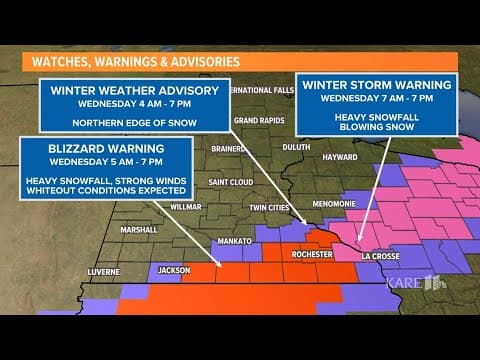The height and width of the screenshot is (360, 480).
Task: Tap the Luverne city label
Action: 103,271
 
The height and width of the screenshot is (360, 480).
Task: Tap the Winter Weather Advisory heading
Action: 134,90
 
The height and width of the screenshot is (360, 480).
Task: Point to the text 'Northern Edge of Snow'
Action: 134,122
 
